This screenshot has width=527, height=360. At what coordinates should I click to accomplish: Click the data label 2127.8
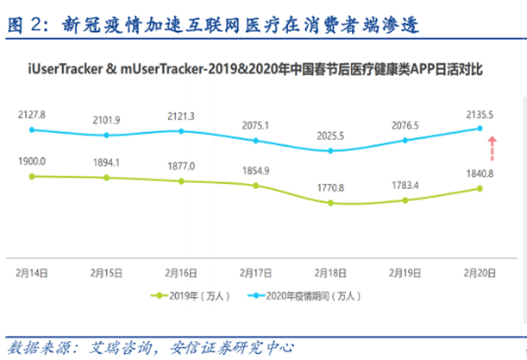[x=31, y=113]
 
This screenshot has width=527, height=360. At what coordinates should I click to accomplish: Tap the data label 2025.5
[x=329, y=136]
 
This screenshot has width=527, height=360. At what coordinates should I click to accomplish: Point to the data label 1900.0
[x=31, y=161]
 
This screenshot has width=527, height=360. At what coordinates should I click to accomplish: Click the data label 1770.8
[x=329, y=187]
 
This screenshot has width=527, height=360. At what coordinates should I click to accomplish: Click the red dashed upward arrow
[x=492, y=148]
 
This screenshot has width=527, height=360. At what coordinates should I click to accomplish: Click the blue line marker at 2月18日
[x=329, y=150]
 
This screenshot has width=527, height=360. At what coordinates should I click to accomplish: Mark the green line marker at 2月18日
[x=329, y=203]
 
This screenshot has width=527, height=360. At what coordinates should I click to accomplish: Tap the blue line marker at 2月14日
[x=31, y=129]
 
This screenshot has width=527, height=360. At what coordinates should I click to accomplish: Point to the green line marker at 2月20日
[x=479, y=188]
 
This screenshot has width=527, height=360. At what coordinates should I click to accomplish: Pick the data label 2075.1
[x=254, y=125]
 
